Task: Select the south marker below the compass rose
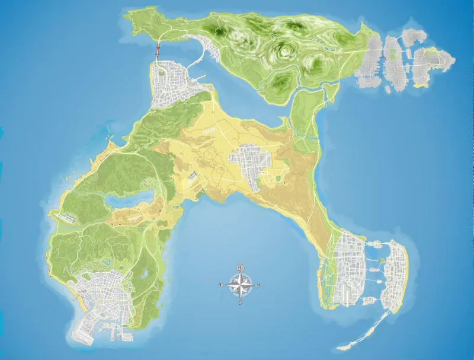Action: [x=240, y=304]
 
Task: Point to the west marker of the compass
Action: [x=220, y=286]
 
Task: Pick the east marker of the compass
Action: [x=260, y=286]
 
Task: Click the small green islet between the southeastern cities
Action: [x=382, y=259]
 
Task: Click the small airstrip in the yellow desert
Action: [x=192, y=176]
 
